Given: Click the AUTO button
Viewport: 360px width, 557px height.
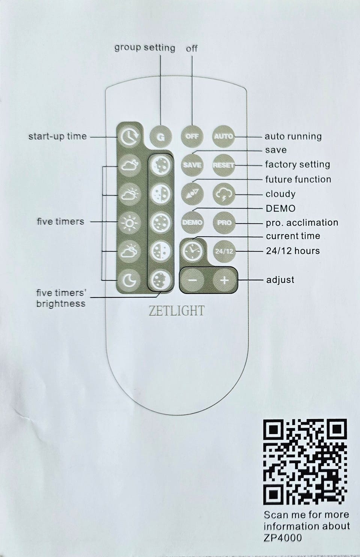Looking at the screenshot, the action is (x=223, y=136).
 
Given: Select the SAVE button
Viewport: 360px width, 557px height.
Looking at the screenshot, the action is (x=192, y=165).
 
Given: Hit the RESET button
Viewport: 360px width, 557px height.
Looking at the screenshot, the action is (x=223, y=165).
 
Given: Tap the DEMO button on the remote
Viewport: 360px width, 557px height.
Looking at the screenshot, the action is (x=192, y=222).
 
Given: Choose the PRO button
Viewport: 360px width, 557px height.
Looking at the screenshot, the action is (x=224, y=223).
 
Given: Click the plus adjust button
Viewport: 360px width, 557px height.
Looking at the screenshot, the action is (x=224, y=280).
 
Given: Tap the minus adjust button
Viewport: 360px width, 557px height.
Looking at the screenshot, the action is (x=193, y=280).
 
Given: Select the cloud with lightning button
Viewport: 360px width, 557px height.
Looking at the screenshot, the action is (x=224, y=194).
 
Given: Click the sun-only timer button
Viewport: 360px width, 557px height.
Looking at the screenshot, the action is (x=129, y=223).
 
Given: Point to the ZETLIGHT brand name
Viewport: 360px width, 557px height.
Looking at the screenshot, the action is (x=177, y=311).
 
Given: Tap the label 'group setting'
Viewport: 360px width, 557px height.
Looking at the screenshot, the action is (x=145, y=48).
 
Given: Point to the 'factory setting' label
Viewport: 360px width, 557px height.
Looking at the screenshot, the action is (x=297, y=165).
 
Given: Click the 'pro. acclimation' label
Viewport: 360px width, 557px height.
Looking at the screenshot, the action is (x=302, y=223).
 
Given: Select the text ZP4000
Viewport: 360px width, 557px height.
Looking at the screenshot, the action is (x=283, y=538).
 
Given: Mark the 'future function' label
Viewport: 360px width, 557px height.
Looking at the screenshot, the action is (x=298, y=179).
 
